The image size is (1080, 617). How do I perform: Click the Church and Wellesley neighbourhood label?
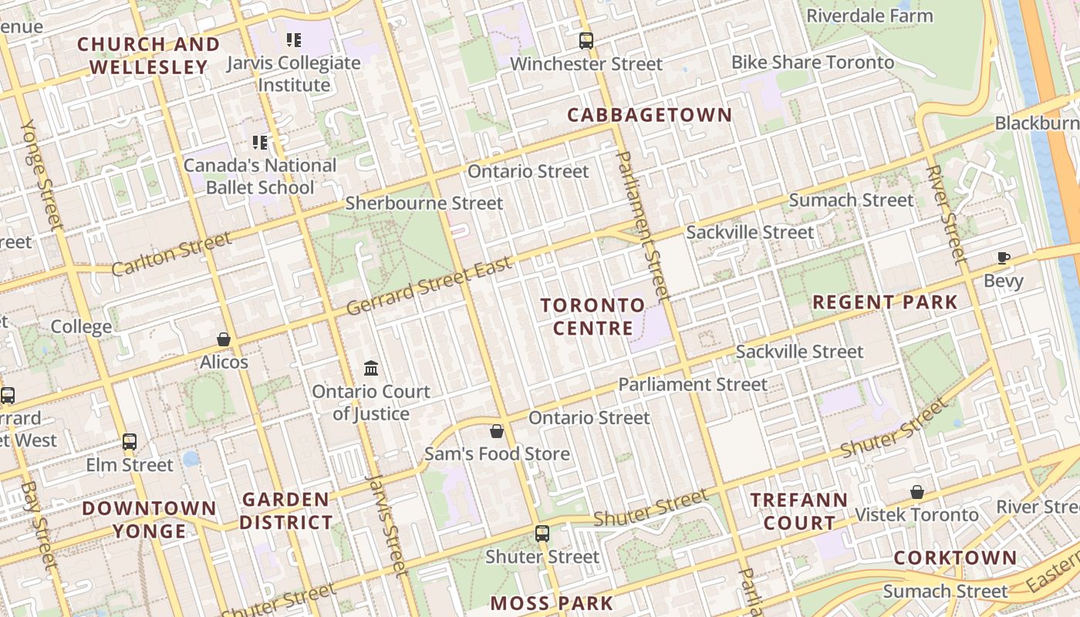148,56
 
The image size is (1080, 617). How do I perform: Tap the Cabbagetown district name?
650,116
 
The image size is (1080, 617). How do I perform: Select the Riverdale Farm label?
869,15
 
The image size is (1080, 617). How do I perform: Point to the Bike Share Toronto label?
812,62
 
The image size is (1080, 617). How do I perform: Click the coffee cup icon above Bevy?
1003,258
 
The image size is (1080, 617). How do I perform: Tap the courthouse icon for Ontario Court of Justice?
371,368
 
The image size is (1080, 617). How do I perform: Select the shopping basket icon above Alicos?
224,339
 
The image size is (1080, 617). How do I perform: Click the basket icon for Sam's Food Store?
497,431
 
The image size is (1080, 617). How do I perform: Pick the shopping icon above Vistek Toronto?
917,492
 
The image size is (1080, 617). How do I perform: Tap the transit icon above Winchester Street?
586,41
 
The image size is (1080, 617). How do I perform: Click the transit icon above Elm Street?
130,442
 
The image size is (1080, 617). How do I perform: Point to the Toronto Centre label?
592,316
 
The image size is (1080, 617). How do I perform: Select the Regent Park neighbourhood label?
885,302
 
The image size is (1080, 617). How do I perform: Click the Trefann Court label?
798,511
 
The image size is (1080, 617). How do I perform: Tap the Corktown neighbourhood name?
955,558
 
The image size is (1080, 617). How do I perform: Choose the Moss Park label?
552,603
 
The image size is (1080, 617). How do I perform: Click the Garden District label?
285,511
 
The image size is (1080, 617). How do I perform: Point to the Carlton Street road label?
171,254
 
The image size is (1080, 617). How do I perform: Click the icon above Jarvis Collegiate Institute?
293,39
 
